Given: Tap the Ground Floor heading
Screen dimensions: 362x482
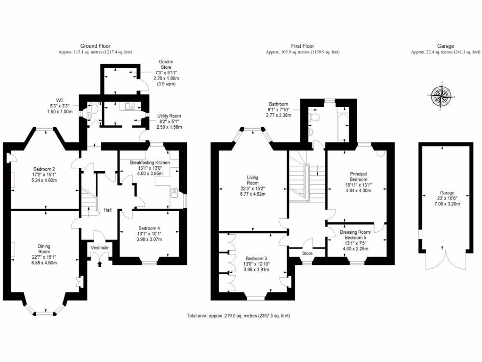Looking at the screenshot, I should [x=95, y=46].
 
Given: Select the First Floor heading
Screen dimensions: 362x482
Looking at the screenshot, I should [x=302, y=46].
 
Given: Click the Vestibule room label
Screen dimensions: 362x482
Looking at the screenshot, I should [x=99, y=247].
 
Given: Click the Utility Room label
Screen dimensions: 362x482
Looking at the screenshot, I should [x=169, y=116].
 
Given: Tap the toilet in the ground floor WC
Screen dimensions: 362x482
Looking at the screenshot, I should [x=93, y=110].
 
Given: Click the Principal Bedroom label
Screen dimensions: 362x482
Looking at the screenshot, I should [x=358, y=177].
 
